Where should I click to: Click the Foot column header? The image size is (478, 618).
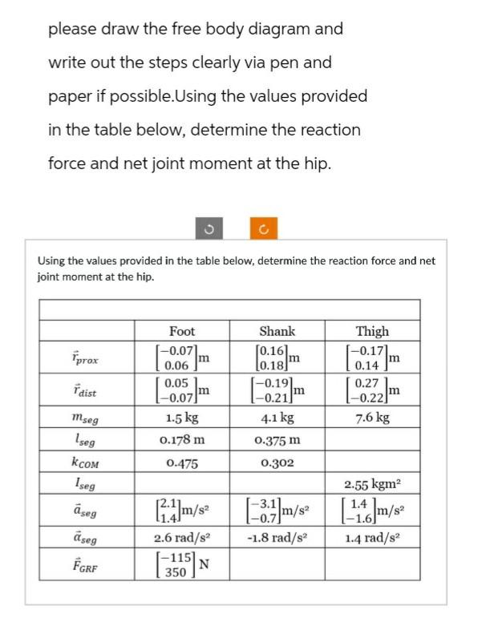point(182,331)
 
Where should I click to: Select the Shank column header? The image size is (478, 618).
point(277,331)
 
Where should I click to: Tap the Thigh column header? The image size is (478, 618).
point(372,331)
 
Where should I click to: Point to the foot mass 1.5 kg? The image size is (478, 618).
point(182,418)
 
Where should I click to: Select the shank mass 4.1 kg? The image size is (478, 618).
point(277,418)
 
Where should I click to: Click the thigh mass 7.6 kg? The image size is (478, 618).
point(372,418)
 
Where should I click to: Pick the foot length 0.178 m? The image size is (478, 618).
point(182,440)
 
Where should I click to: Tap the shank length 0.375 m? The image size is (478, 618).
point(277,440)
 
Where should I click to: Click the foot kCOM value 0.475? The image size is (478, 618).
point(182,462)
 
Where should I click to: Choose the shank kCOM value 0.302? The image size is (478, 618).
point(277,462)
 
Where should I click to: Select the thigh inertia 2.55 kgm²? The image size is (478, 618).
point(372,485)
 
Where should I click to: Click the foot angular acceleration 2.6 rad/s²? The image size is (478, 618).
point(182,539)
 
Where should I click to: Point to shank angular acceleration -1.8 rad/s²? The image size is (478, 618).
point(277,539)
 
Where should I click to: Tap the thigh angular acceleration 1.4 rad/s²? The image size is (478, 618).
point(372,539)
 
